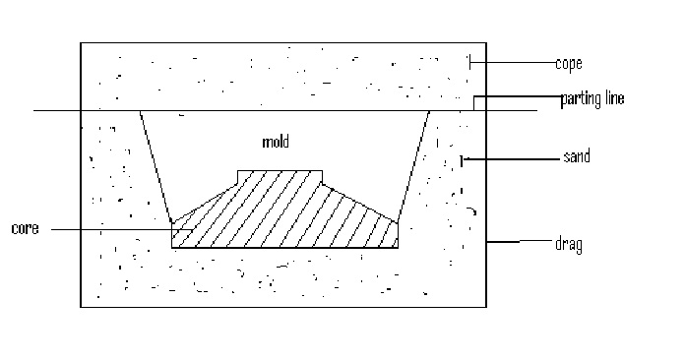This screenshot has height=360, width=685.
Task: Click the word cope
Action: pos(569,64)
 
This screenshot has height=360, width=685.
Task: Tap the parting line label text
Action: pos(592,98)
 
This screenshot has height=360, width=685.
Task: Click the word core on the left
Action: pos(25,229)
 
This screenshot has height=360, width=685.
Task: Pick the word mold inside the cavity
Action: pos(275,142)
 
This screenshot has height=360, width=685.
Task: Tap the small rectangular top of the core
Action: pos(280,176)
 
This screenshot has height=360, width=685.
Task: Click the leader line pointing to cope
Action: pos(512,64)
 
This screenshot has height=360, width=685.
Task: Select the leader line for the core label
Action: pos(108,230)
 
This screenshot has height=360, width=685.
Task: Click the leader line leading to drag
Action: pos(517,241)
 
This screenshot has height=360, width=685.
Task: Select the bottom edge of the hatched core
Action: pos(285,247)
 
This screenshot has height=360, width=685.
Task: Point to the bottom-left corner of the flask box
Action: pos(81,308)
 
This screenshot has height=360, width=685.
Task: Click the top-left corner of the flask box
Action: pos(81,42)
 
